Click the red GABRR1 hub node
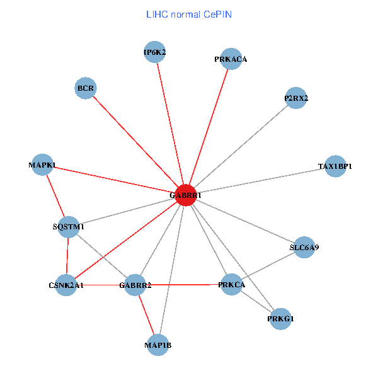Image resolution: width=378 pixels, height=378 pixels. coord(185,195)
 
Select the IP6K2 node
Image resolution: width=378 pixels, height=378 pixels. coord(155,52)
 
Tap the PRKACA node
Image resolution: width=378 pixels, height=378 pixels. coord(231,59)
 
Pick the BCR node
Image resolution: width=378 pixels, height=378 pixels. coord(86,89)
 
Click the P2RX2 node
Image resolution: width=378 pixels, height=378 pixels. coord(295,98)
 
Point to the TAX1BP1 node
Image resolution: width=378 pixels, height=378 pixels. coord(334,166)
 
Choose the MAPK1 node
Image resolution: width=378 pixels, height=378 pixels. coord(43,165)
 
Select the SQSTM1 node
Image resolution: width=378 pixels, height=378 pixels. coord(68,227)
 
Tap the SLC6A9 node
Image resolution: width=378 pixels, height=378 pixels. coord(304,248)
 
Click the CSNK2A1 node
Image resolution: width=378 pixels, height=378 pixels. coord(66,285)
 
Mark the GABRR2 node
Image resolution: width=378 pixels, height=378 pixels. coord(135,285)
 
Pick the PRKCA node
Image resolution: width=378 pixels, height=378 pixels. coord(231,285)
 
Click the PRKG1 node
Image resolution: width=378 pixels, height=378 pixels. coord(280,319)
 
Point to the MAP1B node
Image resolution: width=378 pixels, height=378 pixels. coord(157,345)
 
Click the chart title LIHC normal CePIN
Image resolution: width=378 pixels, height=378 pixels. coord(189,13)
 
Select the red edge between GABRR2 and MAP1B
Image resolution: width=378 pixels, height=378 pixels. coord(147,315)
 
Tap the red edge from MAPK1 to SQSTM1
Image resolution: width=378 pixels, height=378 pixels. coord(55,196)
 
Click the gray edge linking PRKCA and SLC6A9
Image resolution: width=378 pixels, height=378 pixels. coord(268,266)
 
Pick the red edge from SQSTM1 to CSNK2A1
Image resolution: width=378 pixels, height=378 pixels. coord(67,256)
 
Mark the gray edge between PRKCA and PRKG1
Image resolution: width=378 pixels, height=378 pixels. coord(256,302)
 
